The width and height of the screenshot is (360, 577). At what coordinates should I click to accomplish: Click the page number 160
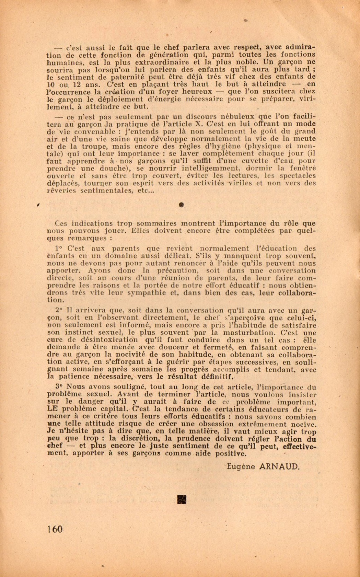pyautogui.click(x=55, y=529)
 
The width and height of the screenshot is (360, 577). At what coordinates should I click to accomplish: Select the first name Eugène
pyautogui.click(x=241, y=466)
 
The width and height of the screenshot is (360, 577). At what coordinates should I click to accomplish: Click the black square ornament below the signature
pyautogui.click(x=182, y=499)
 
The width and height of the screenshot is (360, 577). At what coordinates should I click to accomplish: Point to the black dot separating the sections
pyautogui.click(x=182, y=205)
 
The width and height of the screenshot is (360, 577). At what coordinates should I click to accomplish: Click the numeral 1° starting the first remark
pyautogui.click(x=60, y=248)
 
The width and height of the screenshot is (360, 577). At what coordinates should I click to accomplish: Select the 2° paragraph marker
pyautogui.click(x=60, y=310)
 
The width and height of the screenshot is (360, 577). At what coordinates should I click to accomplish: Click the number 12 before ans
pyautogui.click(x=73, y=84)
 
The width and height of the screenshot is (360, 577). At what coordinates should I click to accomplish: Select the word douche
pyautogui.click(x=109, y=169)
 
